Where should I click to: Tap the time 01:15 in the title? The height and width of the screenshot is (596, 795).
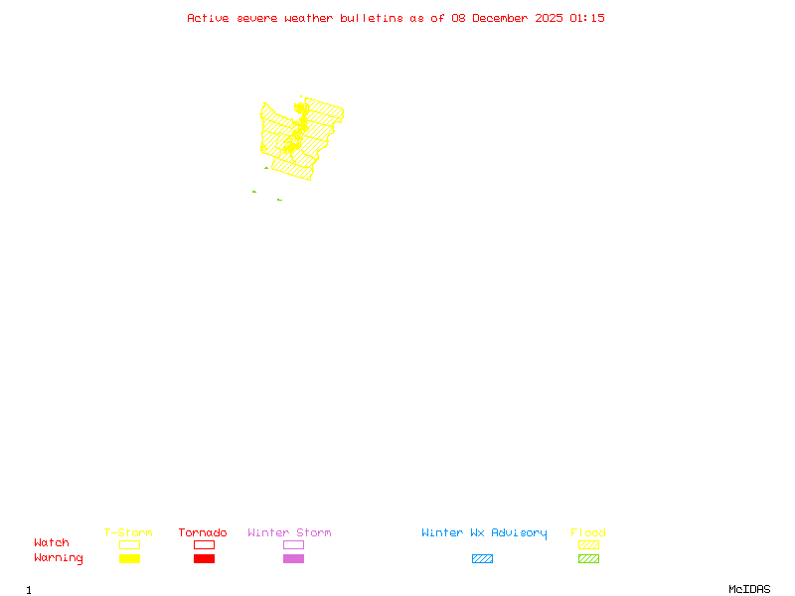point(588,18)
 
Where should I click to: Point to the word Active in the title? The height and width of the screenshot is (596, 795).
point(208,18)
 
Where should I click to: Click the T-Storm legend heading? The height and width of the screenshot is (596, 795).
point(128,533)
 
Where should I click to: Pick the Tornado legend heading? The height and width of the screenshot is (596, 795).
point(203,533)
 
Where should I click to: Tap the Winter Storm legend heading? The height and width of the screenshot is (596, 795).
point(289,533)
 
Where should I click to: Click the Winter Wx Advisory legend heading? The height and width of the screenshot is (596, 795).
point(484,533)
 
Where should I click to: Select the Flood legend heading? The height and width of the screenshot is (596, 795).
point(588,533)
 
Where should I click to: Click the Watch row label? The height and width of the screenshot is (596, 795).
point(52,543)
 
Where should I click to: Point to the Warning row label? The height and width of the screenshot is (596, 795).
point(59,558)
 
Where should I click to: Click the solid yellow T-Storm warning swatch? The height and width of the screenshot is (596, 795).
point(129,558)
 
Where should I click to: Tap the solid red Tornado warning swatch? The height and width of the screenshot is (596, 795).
point(204,558)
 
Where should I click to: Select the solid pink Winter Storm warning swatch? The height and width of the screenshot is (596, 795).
point(293,558)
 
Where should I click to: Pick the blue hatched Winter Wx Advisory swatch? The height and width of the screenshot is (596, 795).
point(482,558)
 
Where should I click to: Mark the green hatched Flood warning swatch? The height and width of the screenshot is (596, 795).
point(588,558)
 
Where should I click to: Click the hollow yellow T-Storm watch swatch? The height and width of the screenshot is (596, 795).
point(129,544)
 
